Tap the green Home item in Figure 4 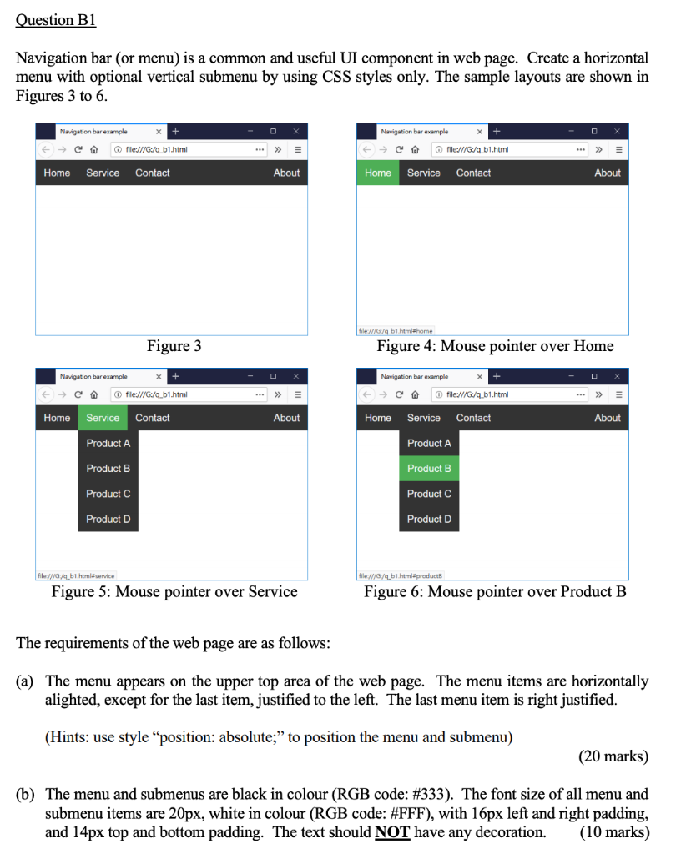point(378,173)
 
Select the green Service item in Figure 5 point(103,418)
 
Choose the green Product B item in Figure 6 point(429,469)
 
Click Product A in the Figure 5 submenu point(108,444)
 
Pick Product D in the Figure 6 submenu point(429,519)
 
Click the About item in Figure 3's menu point(286,173)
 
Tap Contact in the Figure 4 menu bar point(473,173)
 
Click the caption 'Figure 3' point(174,346)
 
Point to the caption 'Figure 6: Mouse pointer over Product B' point(495,592)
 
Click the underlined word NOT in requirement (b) point(392,832)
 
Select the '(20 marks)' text point(613,756)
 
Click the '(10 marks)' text point(613,832)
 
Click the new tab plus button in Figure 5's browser point(174,376)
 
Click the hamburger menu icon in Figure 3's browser point(297,150)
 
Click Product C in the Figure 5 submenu point(108,494)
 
